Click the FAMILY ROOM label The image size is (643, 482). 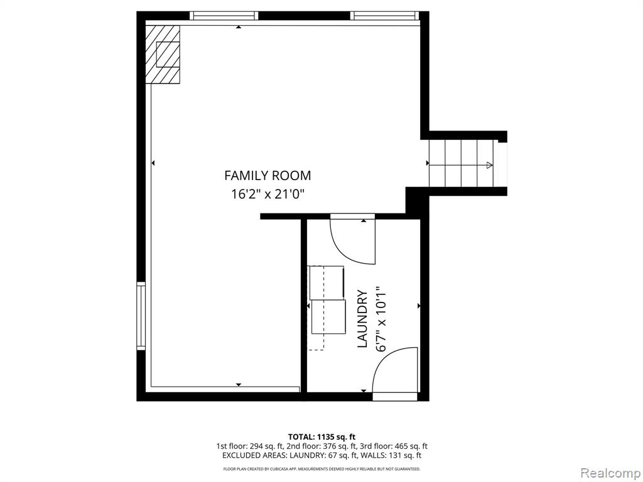click(x=267, y=176)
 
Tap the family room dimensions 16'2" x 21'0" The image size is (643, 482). click(x=267, y=194)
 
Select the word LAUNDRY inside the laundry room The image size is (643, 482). click(x=362, y=319)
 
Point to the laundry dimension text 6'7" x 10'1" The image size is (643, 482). click(x=381, y=319)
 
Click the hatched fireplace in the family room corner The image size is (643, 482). click(x=163, y=54)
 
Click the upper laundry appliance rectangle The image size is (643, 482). click(x=327, y=282)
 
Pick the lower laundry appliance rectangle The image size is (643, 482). click(x=328, y=317)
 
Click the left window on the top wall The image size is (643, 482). click(x=224, y=16)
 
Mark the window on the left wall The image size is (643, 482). click(x=141, y=316)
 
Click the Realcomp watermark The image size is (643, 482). click(x=609, y=473)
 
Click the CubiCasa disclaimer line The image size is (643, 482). click(x=321, y=469)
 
